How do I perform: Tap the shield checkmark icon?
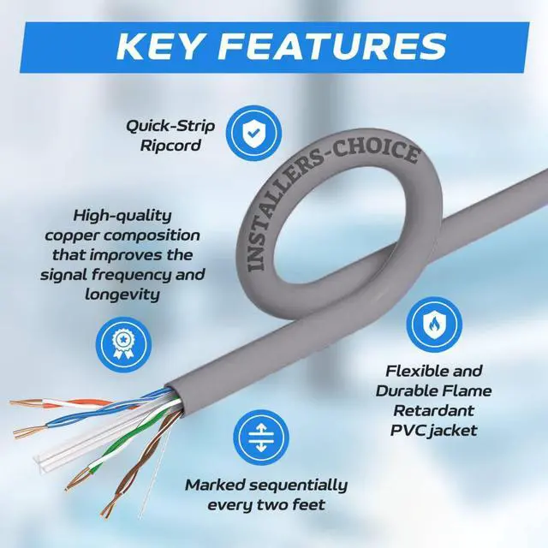[252, 133]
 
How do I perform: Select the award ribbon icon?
[122, 341]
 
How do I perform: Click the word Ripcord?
[170, 146]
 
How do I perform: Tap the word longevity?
[123, 295]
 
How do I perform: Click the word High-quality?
[122, 215]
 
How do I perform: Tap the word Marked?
[213, 485]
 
